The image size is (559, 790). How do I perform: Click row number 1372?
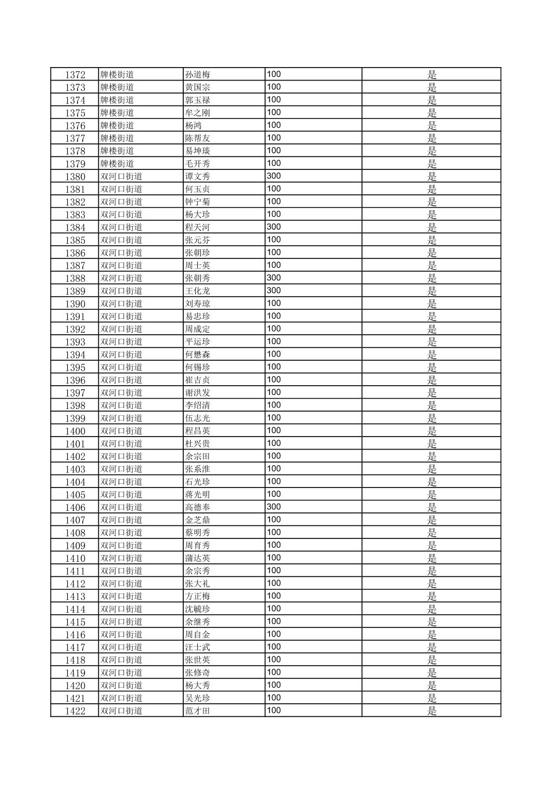[x=75, y=75]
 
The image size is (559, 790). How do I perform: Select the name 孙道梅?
[x=198, y=75]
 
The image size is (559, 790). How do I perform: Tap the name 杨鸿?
[x=194, y=126]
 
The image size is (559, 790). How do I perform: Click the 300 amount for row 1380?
[x=274, y=176]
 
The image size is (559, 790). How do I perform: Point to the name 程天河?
[x=198, y=227]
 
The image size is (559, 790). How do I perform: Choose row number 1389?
[x=75, y=291]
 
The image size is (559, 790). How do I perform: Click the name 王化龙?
[x=198, y=291]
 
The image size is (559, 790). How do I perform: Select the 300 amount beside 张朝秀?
[x=274, y=278]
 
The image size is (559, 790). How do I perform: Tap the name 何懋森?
[x=198, y=354]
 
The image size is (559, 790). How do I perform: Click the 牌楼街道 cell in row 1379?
[x=117, y=164]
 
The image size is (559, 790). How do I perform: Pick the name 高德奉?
[x=198, y=507]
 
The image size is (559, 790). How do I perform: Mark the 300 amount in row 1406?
[x=274, y=507]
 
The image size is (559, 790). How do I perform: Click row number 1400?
[x=75, y=431]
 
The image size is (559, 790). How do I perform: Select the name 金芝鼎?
[x=198, y=520]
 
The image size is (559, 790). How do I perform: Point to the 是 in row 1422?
[x=432, y=711]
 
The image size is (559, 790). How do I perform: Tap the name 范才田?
[x=198, y=711]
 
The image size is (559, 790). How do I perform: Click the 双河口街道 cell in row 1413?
[x=121, y=596]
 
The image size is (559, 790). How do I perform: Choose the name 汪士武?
[x=198, y=647]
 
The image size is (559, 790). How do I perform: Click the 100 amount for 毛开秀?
[x=274, y=163]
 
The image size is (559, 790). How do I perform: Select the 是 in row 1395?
[x=432, y=367]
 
